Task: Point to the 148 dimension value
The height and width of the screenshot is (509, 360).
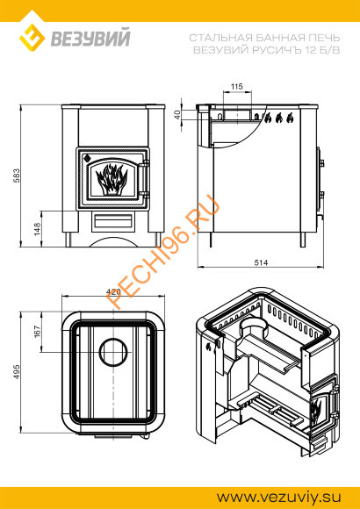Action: tap(38, 228)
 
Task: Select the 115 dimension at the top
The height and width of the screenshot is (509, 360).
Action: tap(236, 87)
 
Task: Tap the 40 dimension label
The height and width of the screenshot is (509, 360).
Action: tap(177, 115)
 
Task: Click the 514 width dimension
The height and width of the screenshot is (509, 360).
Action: tap(261, 263)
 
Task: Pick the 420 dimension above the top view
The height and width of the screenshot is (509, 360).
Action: tap(113, 291)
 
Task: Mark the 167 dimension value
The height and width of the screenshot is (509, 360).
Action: tap(37, 332)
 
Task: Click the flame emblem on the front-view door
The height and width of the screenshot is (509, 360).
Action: tap(111, 179)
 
